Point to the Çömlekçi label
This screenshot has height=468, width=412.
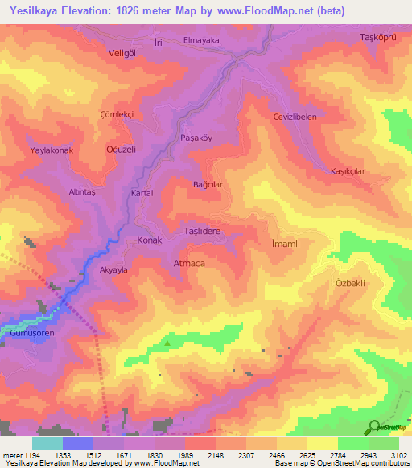(x=114, y=114)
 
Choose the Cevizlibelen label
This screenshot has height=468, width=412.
(x=296, y=117)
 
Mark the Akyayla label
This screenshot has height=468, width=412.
(x=113, y=271)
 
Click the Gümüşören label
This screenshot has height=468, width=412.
(x=30, y=332)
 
